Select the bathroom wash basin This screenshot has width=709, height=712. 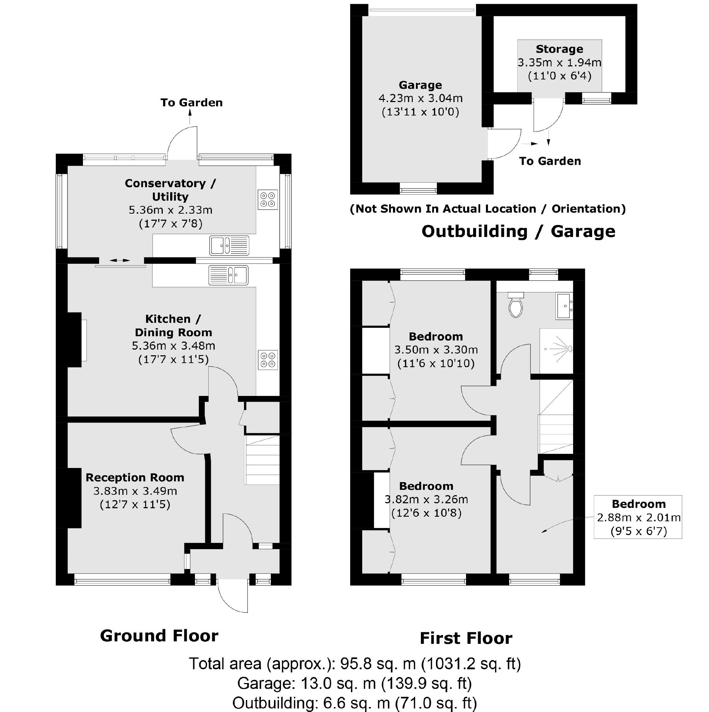pyautogui.click(x=564, y=306)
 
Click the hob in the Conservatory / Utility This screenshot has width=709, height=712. pyautogui.click(x=268, y=200)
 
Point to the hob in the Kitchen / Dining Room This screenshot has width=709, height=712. pyautogui.click(x=268, y=360)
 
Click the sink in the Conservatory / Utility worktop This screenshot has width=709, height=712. pyautogui.click(x=229, y=245)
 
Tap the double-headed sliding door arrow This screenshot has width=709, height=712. pyautogui.click(x=120, y=261)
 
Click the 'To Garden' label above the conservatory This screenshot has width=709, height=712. pyautogui.click(x=191, y=102)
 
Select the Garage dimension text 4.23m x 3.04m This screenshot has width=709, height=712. pyautogui.click(x=421, y=99)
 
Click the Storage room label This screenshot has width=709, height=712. pyautogui.click(x=559, y=49)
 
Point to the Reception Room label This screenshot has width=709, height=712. pyautogui.click(x=135, y=477)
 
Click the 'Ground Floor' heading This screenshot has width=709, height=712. pyautogui.click(x=159, y=636)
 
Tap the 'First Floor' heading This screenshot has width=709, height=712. pyautogui.click(x=466, y=638)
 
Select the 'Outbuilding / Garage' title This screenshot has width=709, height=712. pyautogui.click(x=518, y=231)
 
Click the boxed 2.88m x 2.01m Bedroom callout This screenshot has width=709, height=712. pyautogui.click(x=638, y=517)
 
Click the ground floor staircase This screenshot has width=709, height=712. pyautogui.click(x=262, y=460)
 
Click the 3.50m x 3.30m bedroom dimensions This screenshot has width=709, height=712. pyautogui.click(x=436, y=350)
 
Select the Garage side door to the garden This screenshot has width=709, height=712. pyautogui.click(x=504, y=144)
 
